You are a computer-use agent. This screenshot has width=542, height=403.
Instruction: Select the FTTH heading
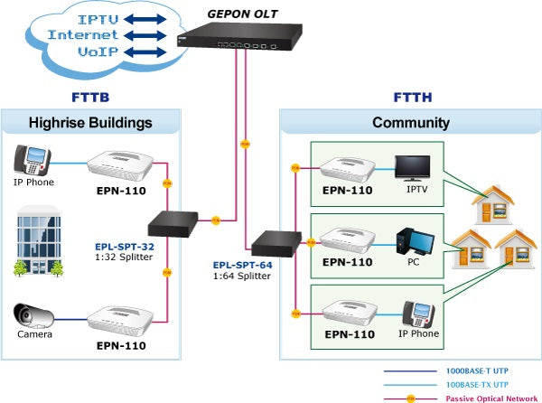[411, 97]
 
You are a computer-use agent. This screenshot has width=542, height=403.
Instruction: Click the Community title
[411, 123]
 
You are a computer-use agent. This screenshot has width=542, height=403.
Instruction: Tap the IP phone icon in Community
[419, 314]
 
